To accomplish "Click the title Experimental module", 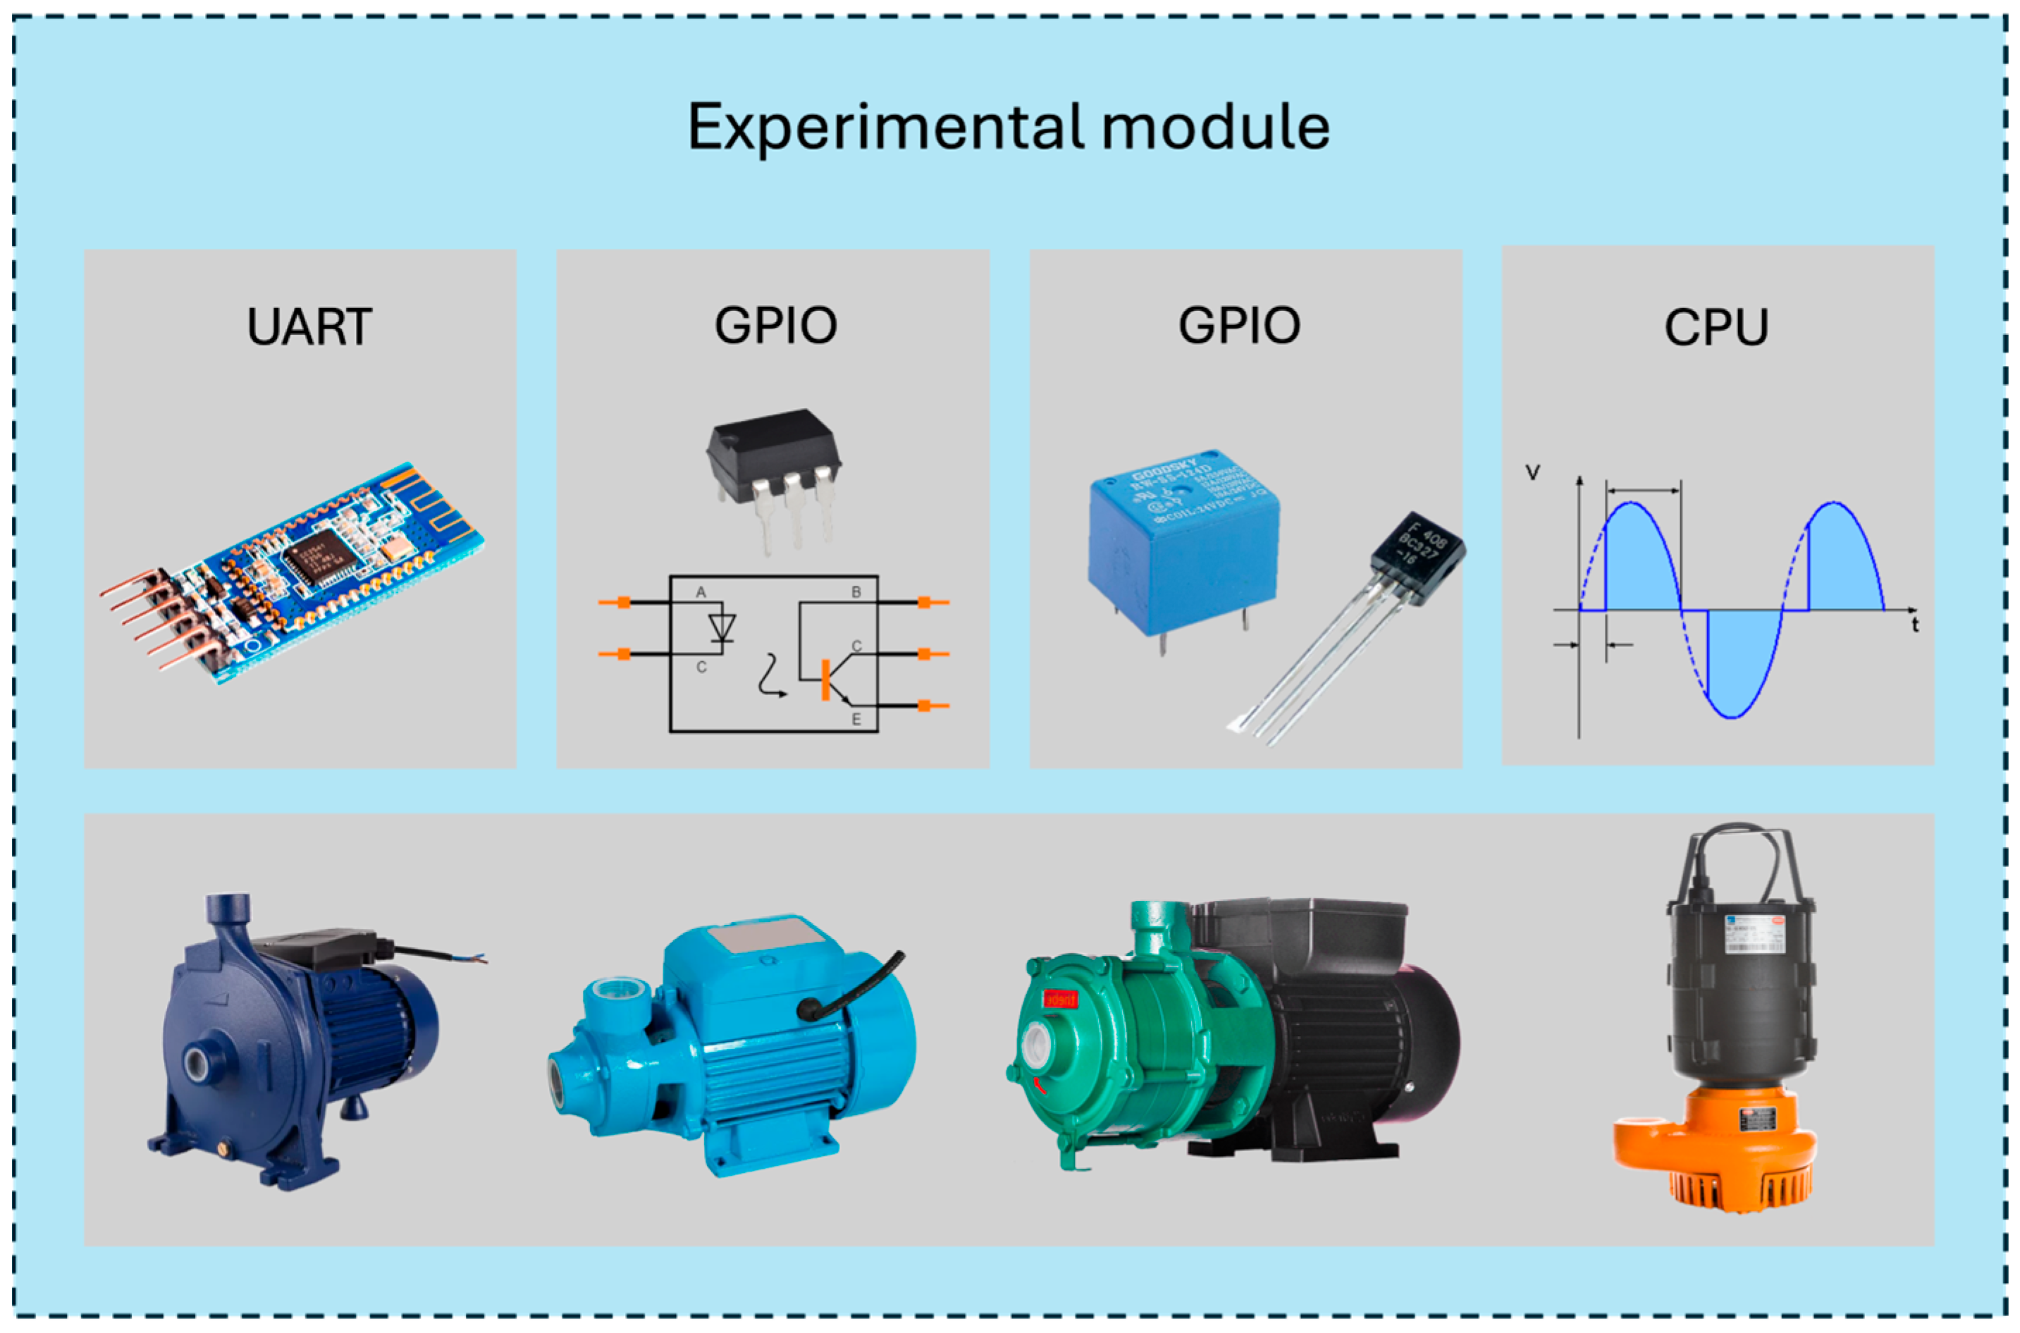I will (x=1008, y=128).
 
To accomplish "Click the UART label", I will (x=309, y=326).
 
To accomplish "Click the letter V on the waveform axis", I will (x=1532, y=473).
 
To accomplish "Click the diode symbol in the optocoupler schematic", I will (x=722, y=627).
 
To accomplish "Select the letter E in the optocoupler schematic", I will (x=856, y=719).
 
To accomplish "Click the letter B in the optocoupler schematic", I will (x=856, y=591).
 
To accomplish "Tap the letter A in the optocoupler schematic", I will (x=701, y=591).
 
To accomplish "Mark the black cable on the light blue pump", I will (x=850, y=986).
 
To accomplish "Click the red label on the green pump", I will (x=1059, y=999).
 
